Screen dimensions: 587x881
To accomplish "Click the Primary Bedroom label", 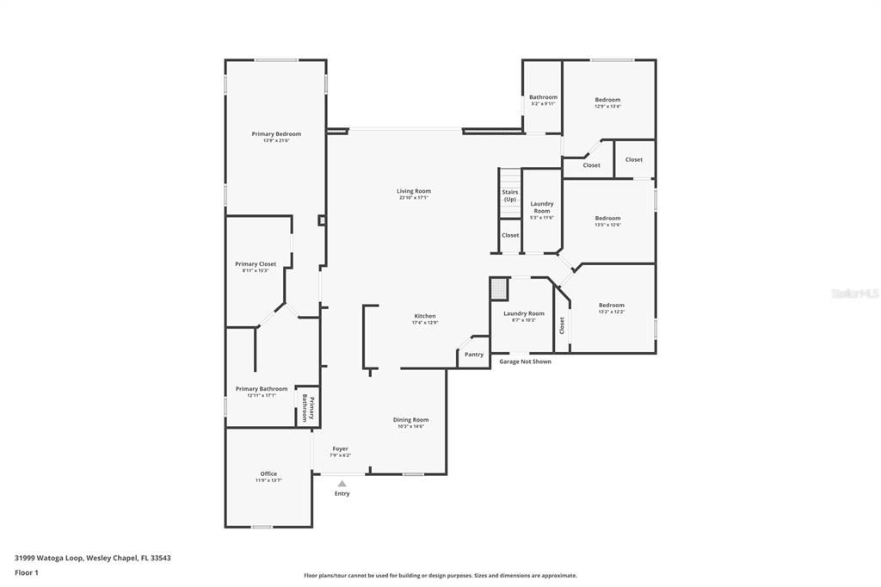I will (x=276, y=134).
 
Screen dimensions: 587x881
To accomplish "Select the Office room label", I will (x=268, y=474).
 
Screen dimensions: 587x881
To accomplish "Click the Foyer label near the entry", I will (x=341, y=449).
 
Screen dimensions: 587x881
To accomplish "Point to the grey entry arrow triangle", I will (x=342, y=484).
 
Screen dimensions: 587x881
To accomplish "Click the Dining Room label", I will (x=411, y=420).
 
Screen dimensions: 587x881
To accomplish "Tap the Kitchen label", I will (x=424, y=317).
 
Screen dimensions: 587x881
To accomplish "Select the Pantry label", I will (x=474, y=355).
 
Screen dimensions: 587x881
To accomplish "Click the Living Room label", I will (x=414, y=192).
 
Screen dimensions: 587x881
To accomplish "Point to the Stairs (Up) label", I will (x=510, y=195).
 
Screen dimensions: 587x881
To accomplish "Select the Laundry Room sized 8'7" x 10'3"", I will (x=524, y=314).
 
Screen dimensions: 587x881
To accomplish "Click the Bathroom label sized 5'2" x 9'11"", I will (x=543, y=98).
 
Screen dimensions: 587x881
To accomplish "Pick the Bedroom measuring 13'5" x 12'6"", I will (x=607, y=219).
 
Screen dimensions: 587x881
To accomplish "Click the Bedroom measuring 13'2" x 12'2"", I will (x=612, y=306).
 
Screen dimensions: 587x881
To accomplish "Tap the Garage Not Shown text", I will (x=525, y=361).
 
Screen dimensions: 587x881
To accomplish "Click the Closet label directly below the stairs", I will (x=510, y=235).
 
